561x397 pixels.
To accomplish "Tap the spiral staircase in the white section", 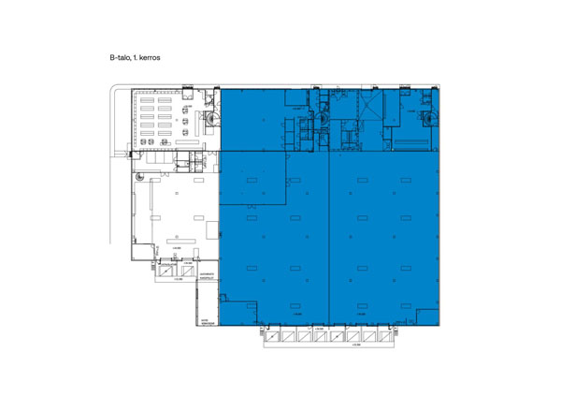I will pyautogui.click(x=213, y=119).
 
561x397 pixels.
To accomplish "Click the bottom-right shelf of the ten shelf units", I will pyautogui.click(x=175, y=137).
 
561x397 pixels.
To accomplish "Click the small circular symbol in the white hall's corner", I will pyautogui.click(x=138, y=175).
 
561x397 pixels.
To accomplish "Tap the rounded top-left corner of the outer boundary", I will pyautogui.click(x=115, y=90).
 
